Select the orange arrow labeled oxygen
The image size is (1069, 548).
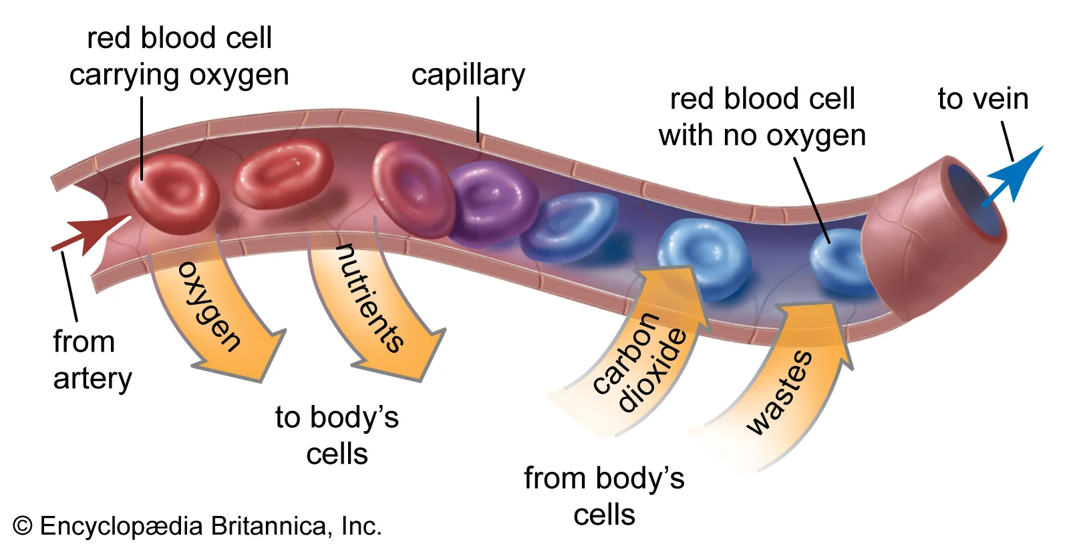(220, 314)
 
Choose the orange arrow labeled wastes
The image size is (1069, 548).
(782, 388)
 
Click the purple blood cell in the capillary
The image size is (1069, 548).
(491, 200)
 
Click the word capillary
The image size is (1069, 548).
(468, 75)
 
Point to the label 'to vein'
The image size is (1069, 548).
(982, 99)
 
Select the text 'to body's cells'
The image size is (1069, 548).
(337, 435)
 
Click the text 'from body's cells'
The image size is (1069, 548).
(604, 496)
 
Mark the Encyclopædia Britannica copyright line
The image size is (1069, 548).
(197, 526)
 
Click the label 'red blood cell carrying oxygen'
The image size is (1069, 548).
(179, 56)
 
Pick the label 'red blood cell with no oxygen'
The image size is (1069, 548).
(762, 117)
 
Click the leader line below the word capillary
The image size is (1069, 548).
(478, 119)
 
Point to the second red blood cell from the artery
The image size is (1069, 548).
(282, 172)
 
